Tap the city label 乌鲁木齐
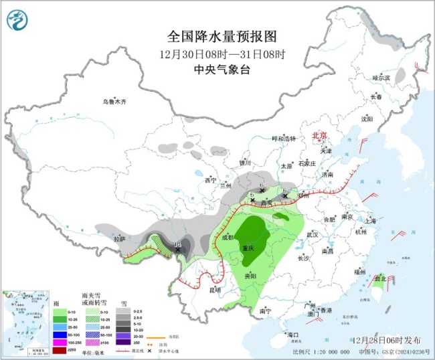114,102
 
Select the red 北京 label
321,136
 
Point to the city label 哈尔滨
381,78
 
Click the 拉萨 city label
118,238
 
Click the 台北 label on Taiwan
379,278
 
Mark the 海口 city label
291,334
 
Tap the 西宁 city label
211,180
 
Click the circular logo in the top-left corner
18,23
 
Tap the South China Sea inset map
25,321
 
